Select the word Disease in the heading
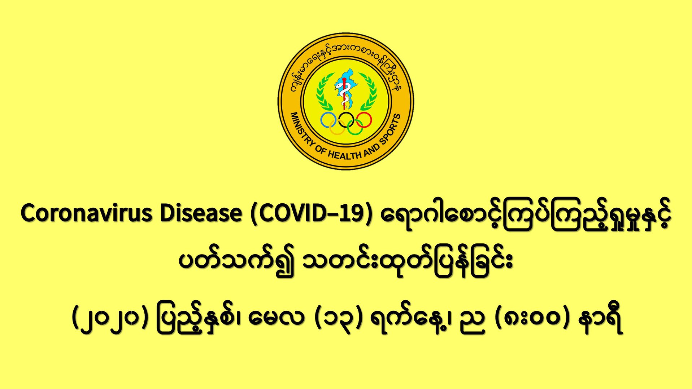(x=201, y=213)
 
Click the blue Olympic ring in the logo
(x=329, y=120)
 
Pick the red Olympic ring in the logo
(x=363, y=120)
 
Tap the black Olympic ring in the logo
(x=346, y=120)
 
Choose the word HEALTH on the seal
(x=344, y=155)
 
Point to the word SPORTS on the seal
(x=391, y=128)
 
